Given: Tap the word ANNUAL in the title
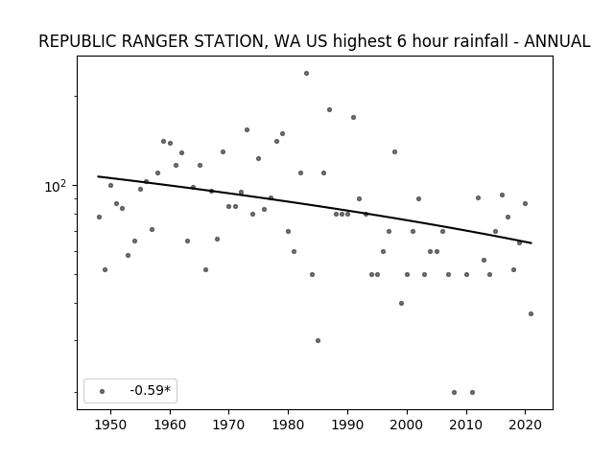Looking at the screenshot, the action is (556, 41).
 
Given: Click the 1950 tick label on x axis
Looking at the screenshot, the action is (111, 425).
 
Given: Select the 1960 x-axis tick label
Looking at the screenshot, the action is (170, 425).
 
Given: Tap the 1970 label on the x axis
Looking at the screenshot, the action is (229, 425).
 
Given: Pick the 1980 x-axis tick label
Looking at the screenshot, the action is (289, 425).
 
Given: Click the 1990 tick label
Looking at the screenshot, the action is (347, 425).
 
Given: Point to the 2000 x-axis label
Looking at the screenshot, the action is (407, 425).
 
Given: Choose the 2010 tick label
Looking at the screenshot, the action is (466, 425).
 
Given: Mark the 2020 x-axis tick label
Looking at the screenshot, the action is (526, 425).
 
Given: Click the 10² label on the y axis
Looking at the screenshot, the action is (56, 186).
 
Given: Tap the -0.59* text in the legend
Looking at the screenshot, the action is (151, 390).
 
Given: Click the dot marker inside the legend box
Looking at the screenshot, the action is (103, 391).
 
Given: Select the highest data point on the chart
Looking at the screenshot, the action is (307, 73).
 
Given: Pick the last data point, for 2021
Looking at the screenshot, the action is (531, 313).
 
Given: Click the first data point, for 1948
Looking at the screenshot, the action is (99, 218).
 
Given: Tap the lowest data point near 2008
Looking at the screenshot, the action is (454, 392).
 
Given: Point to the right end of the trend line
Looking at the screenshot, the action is (531, 243).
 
